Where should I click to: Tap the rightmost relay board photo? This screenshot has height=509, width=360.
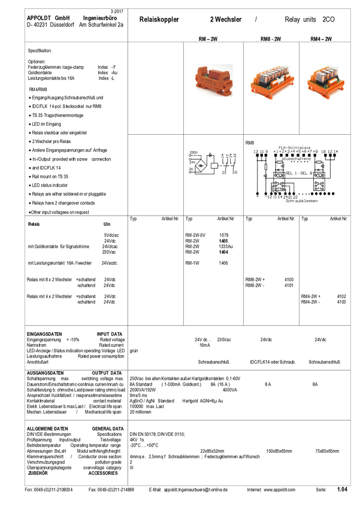click(x=322, y=80)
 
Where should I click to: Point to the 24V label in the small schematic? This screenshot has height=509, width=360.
click(x=193, y=162)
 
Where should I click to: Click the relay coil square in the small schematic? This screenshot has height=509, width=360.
click(x=214, y=165)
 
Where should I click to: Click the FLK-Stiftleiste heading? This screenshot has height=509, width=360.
click(x=296, y=147)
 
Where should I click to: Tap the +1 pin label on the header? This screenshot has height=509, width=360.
click(x=276, y=152)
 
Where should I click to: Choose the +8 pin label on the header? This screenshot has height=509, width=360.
click(x=314, y=152)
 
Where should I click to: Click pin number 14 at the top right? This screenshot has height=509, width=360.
click(x=336, y=152)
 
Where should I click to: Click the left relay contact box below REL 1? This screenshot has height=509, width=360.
click(x=279, y=186)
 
